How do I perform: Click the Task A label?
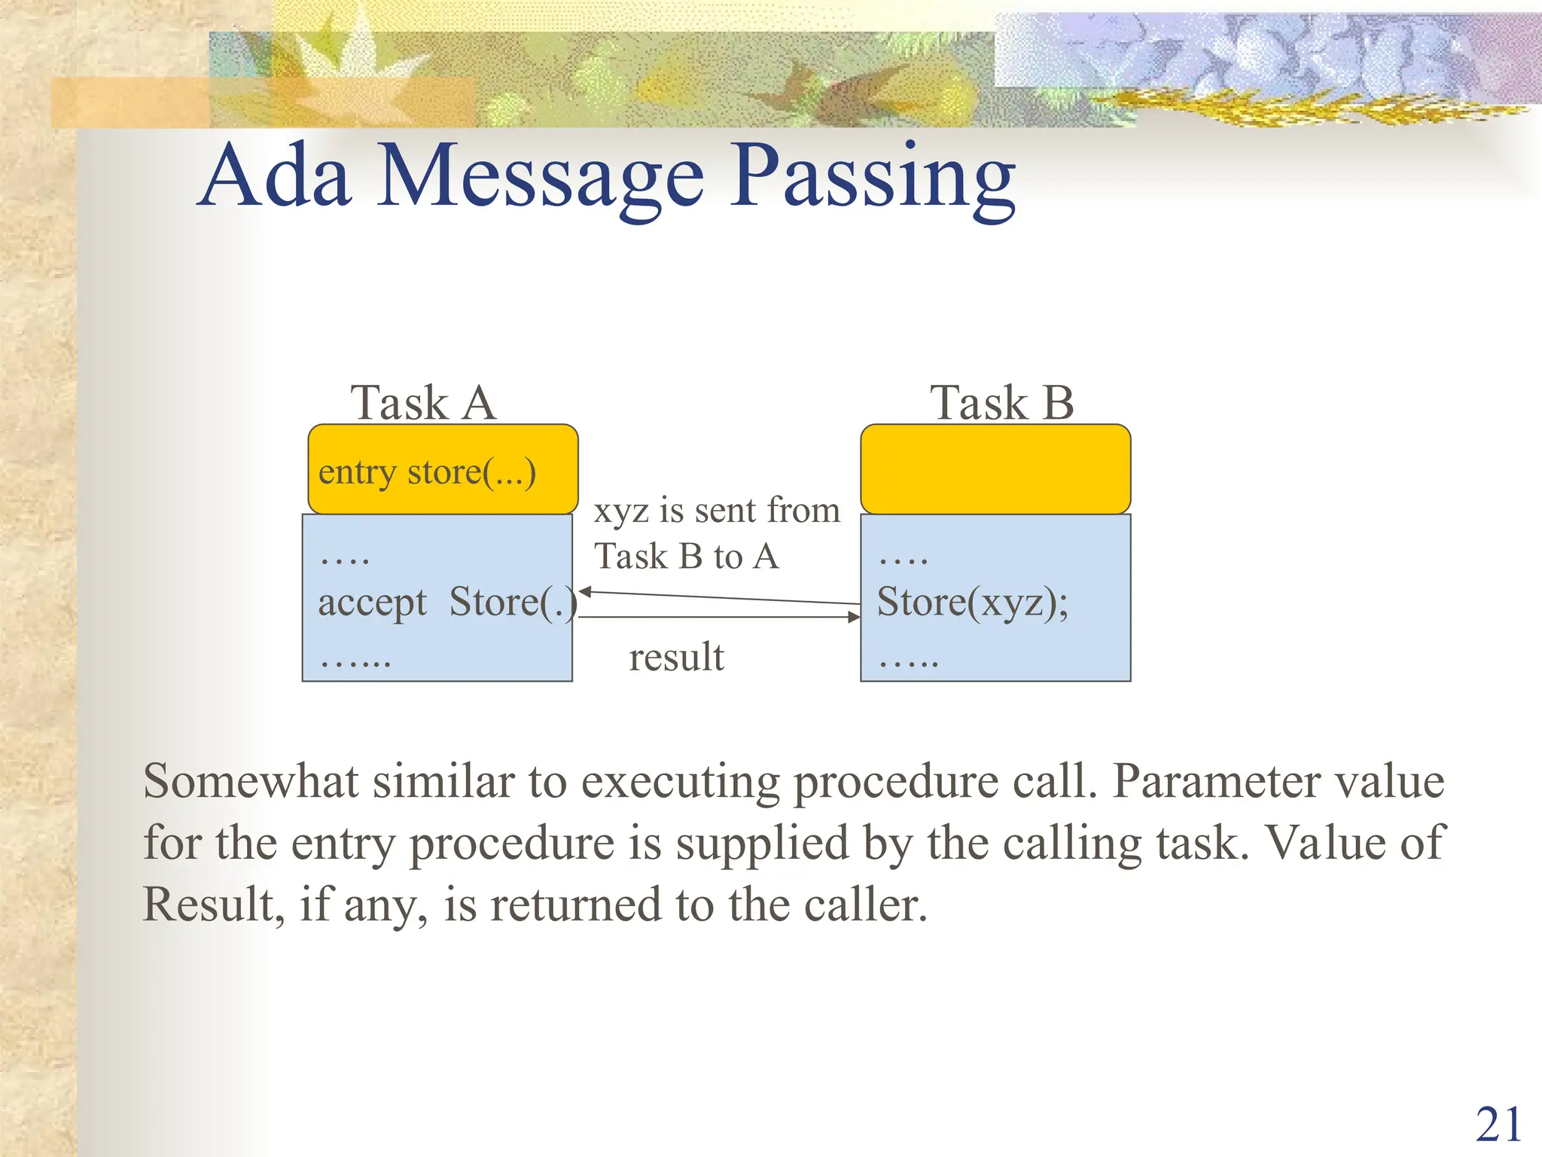[422, 403]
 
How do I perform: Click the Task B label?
[1001, 403]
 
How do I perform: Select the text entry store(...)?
[427, 473]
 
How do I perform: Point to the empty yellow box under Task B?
[995, 469]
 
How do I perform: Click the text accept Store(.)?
[447, 603]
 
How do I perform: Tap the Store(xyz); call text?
[972, 603]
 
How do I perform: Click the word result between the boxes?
[676, 657]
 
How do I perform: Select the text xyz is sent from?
[716, 511]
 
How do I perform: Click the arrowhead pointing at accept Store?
[584, 592]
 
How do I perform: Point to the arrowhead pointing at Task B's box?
[855, 617]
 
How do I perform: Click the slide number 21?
[1498, 1125]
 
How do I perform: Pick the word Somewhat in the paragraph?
[251, 781]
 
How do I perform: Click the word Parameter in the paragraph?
[1216, 781]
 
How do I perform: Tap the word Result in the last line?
[208, 905]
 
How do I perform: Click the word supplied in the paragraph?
[762, 844]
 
